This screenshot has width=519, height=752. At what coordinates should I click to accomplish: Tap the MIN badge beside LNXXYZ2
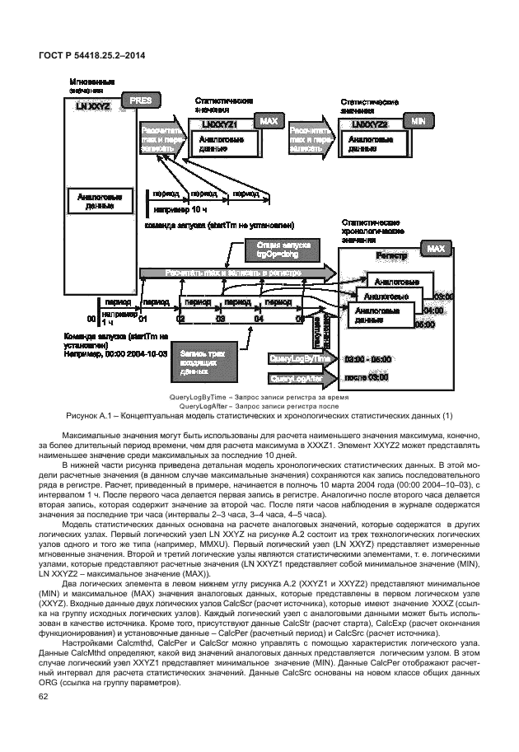[x=418, y=120]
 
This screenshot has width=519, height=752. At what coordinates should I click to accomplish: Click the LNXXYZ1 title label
[x=220, y=124]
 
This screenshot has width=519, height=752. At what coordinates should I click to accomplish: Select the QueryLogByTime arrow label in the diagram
[x=301, y=359]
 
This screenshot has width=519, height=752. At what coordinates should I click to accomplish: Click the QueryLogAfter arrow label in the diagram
[x=299, y=378]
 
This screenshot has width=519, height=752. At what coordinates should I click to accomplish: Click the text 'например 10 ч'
[x=175, y=209]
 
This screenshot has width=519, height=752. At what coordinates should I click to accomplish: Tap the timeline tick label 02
[x=180, y=318]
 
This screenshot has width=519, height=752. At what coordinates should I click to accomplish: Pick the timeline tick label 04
[x=258, y=318]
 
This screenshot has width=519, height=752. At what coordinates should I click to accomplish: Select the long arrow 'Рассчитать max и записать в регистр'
[x=233, y=273]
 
